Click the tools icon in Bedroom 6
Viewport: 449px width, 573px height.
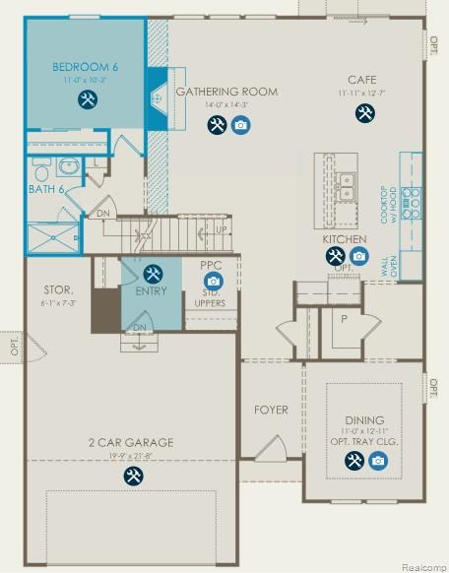coord(88,99)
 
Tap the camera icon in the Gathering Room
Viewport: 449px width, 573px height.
coord(240,125)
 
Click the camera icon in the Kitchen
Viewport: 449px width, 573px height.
coord(358,257)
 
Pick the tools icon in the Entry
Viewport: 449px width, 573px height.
coord(152,273)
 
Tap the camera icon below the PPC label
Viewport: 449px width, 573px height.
coord(214,282)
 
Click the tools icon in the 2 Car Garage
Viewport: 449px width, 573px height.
coord(132,476)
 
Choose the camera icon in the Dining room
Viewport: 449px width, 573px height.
coord(377,459)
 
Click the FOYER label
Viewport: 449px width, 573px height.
coord(270,409)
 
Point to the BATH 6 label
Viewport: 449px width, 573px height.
coord(45,188)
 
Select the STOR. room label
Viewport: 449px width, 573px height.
coord(58,290)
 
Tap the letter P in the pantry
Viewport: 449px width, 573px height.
coord(344,319)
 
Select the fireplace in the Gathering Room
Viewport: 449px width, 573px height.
coord(158,98)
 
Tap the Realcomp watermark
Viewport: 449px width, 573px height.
coord(418,565)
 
